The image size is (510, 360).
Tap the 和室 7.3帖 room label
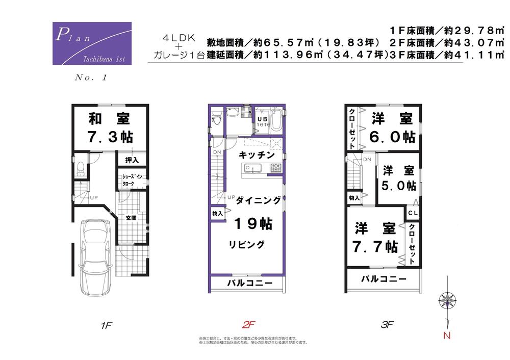click(x=109, y=128)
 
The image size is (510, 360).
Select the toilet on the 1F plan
click(x=80, y=168)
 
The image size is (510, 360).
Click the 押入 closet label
click(x=132, y=160)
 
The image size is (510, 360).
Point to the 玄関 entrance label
click(x=131, y=218)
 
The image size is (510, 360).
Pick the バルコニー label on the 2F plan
click(x=249, y=283)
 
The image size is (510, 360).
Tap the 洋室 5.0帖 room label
click(x=398, y=178)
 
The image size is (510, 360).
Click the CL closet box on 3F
click(x=413, y=212)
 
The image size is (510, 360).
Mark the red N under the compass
click(x=447, y=335)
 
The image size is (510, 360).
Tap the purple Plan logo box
click(x=92, y=43)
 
